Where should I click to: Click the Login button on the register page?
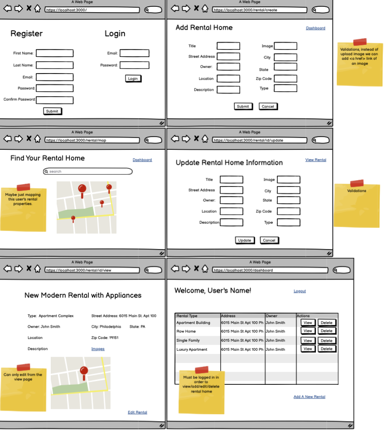(133, 79)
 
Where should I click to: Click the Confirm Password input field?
(55, 100)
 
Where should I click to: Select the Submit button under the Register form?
(52, 111)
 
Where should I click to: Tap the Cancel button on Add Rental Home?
(268, 107)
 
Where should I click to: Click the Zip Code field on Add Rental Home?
(285, 79)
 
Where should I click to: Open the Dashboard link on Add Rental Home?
(315, 28)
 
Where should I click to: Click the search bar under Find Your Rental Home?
(87, 172)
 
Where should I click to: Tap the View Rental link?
(315, 160)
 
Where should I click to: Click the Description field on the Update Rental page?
(232, 222)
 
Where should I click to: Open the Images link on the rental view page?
(98, 349)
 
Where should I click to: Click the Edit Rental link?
(137, 412)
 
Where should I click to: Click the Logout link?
(300, 291)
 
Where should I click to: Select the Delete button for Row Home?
(327, 331)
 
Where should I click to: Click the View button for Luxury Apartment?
(308, 349)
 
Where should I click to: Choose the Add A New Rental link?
(310, 397)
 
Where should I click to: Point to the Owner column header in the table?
(271, 316)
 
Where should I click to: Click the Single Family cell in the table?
(188, 341)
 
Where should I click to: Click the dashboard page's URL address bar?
(270, 270)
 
